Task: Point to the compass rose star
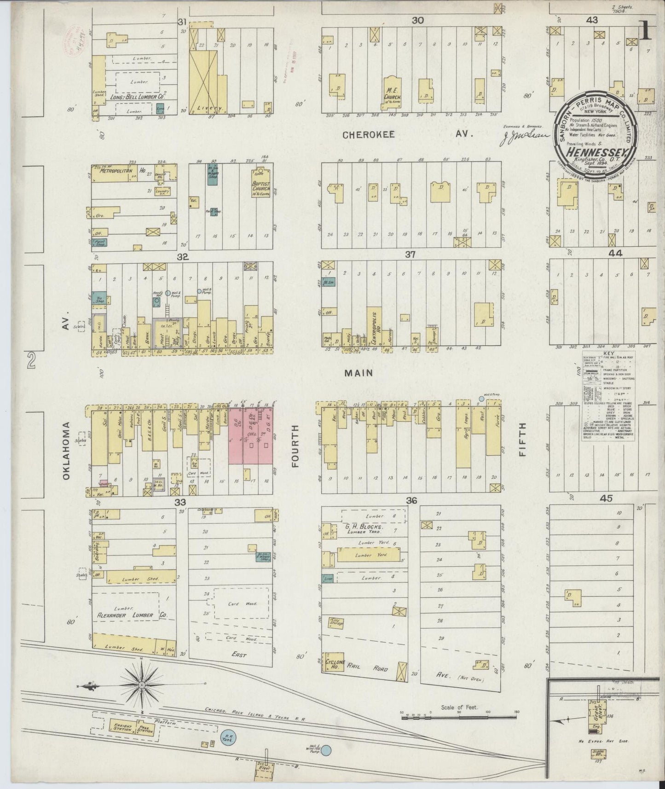click(142, 685)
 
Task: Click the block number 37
click(411, 255)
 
